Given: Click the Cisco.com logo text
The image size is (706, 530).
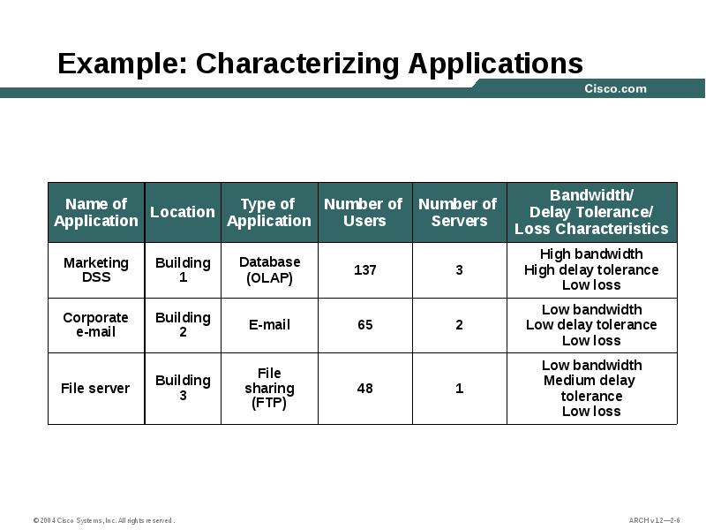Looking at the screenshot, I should (x=615, y=88).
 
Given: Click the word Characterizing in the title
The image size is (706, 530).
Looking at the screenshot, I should (x=299, y=64).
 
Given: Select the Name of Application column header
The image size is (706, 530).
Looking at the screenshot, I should (x=96, y=212).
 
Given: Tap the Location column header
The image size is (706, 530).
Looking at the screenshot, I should (x=183, y=212).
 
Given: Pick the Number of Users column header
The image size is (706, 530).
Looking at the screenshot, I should (x=364, y=212).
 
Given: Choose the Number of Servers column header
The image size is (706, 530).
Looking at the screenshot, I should (x=459, y=212).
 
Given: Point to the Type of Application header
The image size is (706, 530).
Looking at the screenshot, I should (x=269, y=212).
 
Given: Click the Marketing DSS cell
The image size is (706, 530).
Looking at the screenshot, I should (x=96, y=269).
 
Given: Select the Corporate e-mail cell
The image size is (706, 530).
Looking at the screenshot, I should (x=96, y=324).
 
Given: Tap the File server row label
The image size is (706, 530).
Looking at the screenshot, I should (x=95, y=388).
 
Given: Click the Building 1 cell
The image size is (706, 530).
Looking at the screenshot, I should (x=183, y=269).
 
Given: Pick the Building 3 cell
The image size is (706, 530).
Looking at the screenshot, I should (x=183, y=388).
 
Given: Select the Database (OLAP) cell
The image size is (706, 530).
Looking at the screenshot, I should (x=269, y=269).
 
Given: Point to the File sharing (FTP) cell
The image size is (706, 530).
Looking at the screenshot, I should (x=269, y=388).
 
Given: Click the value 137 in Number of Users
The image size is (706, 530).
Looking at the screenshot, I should (x=365, y=269).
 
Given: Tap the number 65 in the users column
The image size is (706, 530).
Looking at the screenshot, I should (x=365, y=324).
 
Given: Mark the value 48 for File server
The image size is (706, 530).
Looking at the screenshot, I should (x=365, y=388).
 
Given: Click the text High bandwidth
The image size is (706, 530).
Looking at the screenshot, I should (x=591, y=254).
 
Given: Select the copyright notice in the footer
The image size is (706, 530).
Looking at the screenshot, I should (x=104, y=520).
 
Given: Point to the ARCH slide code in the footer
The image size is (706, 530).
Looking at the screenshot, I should (x=654, y=520).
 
